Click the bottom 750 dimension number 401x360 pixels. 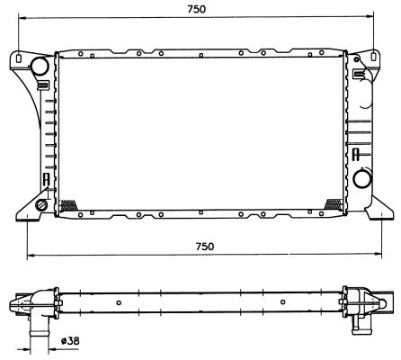(205, 247)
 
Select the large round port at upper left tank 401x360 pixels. (41, 67)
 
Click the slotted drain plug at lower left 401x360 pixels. (42, 207)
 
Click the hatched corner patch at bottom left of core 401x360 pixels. (66, 204)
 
